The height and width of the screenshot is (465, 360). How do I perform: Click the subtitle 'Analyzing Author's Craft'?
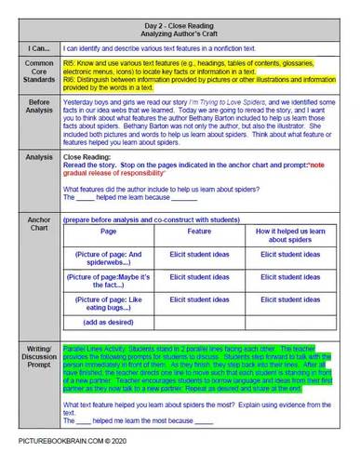[180, 29]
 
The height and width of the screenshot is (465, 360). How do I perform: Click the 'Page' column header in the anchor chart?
[109, 232]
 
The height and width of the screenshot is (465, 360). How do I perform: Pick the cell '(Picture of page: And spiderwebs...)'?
[109, 258]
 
